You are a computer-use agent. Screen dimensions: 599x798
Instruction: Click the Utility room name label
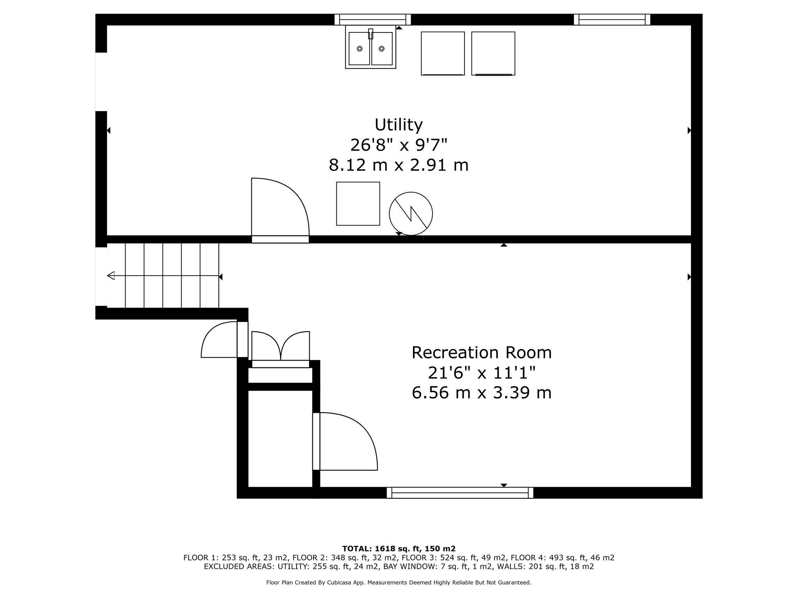[398, 125]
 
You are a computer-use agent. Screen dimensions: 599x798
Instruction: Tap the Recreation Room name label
[482, 353]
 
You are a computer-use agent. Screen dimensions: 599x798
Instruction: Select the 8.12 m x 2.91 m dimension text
[398, 165]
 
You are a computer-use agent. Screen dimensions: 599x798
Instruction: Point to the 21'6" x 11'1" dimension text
[482, 373]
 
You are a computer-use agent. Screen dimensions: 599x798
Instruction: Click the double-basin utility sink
[371, 48]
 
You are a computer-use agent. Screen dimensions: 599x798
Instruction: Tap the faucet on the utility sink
[371, 34]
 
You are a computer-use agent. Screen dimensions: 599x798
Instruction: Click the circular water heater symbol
[411, 214]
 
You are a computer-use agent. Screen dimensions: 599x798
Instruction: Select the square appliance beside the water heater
[358, 204]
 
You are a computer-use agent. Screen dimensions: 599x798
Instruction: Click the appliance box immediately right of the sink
[443, 53]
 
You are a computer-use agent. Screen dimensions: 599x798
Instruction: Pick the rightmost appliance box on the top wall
[493, 53]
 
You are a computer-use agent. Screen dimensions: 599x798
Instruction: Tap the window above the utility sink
[373, 19]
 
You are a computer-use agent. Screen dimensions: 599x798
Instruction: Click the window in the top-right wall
[612, 19]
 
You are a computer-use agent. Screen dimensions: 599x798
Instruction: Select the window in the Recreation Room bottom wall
[460, 493]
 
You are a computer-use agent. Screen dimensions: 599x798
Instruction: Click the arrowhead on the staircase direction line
[111, 276]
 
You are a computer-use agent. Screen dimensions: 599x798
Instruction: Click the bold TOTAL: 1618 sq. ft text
[398, 549]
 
